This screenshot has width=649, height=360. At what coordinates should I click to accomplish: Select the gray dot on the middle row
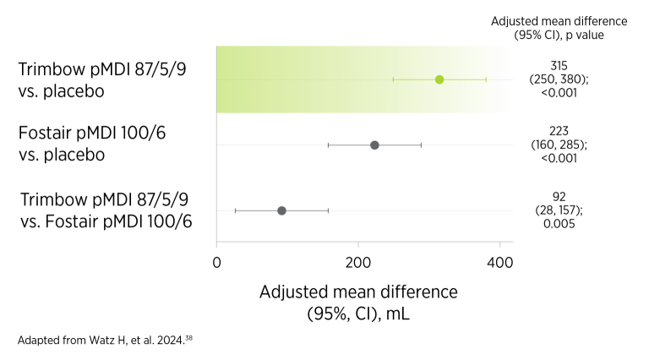pyautogui.click(x=374, y=145)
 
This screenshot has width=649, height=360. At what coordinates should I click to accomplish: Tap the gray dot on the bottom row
pyautogui.click(x=281, y=210)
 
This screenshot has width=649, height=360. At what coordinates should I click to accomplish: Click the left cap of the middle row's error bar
pyautogui.click(x=328, y=145)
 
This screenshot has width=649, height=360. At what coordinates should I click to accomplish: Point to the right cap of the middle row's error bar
pyautogui.click(x=421, y=145)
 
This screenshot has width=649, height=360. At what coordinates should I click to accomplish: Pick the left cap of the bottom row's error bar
pyautogui.click(x=235, y=210)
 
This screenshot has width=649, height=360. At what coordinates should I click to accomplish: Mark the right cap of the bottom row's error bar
pyautogui.click(x=328, y=210)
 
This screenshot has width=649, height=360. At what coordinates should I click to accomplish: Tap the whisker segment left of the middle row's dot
pyautogui.click(x=350, y=145)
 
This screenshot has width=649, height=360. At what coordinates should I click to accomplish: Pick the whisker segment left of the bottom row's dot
pyautogui.click(x=257, y=210)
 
